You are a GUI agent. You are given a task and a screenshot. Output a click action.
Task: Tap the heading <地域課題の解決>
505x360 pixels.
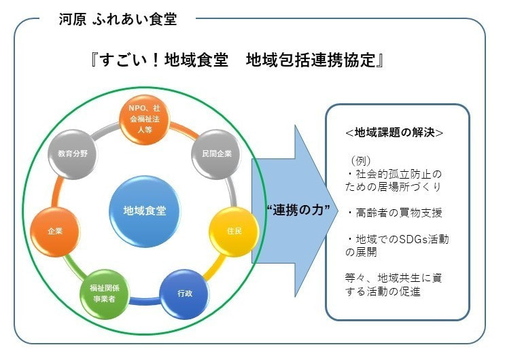[395, 132]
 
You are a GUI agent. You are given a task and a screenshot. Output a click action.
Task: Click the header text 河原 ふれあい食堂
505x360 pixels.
[118, 19]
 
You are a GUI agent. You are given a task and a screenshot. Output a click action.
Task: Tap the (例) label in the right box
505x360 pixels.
[360, 161]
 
